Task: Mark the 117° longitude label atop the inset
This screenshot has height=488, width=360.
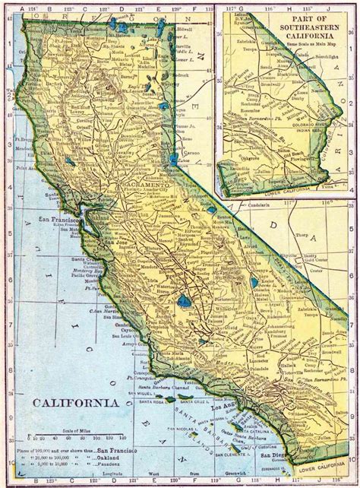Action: click(x=229, y=10)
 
